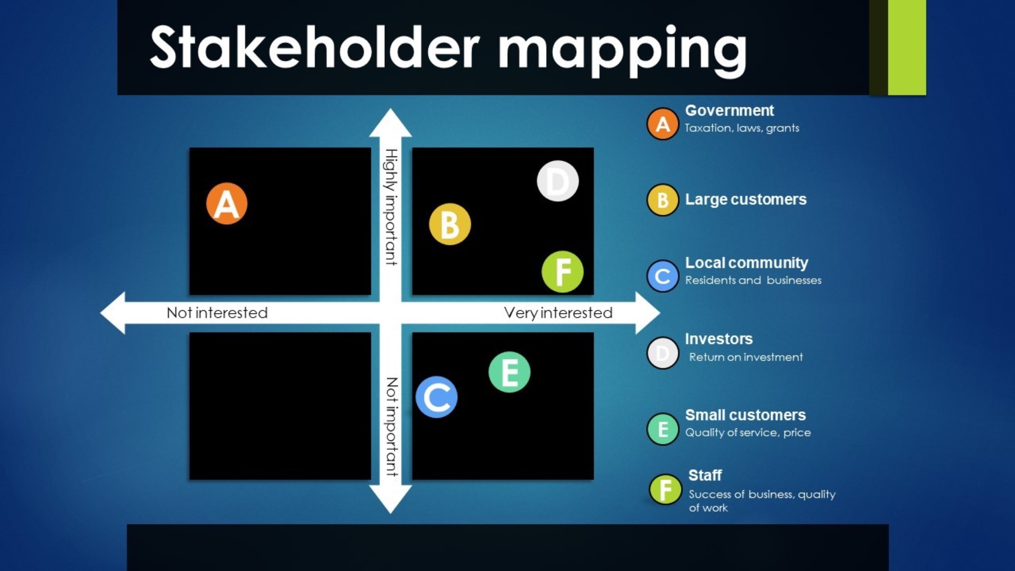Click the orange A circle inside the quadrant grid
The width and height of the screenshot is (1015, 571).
[227, 204]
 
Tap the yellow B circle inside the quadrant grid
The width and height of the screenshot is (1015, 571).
[450, 224]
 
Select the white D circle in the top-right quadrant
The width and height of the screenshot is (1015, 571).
[558, 181]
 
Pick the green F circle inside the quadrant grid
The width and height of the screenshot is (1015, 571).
[562, 272]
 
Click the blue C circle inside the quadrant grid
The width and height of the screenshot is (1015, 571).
[437, 397]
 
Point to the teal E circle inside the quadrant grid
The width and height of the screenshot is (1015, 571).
[509, 372]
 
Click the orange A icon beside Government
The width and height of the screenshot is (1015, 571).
[662, 124]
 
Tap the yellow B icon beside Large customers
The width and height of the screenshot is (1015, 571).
[662, 200]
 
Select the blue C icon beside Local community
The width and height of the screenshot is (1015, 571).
[662, 276]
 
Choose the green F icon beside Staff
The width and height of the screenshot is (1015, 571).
[666, 490]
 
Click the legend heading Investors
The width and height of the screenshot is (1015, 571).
[718, 339]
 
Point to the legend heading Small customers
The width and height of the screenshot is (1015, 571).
[745, 415]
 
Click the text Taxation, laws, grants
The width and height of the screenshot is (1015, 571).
[742, 128]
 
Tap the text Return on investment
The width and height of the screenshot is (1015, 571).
[745, 357]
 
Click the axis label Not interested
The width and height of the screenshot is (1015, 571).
[217, 313]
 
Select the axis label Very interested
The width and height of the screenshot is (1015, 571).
[558, 313]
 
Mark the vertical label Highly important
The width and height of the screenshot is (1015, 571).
[391, 207]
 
